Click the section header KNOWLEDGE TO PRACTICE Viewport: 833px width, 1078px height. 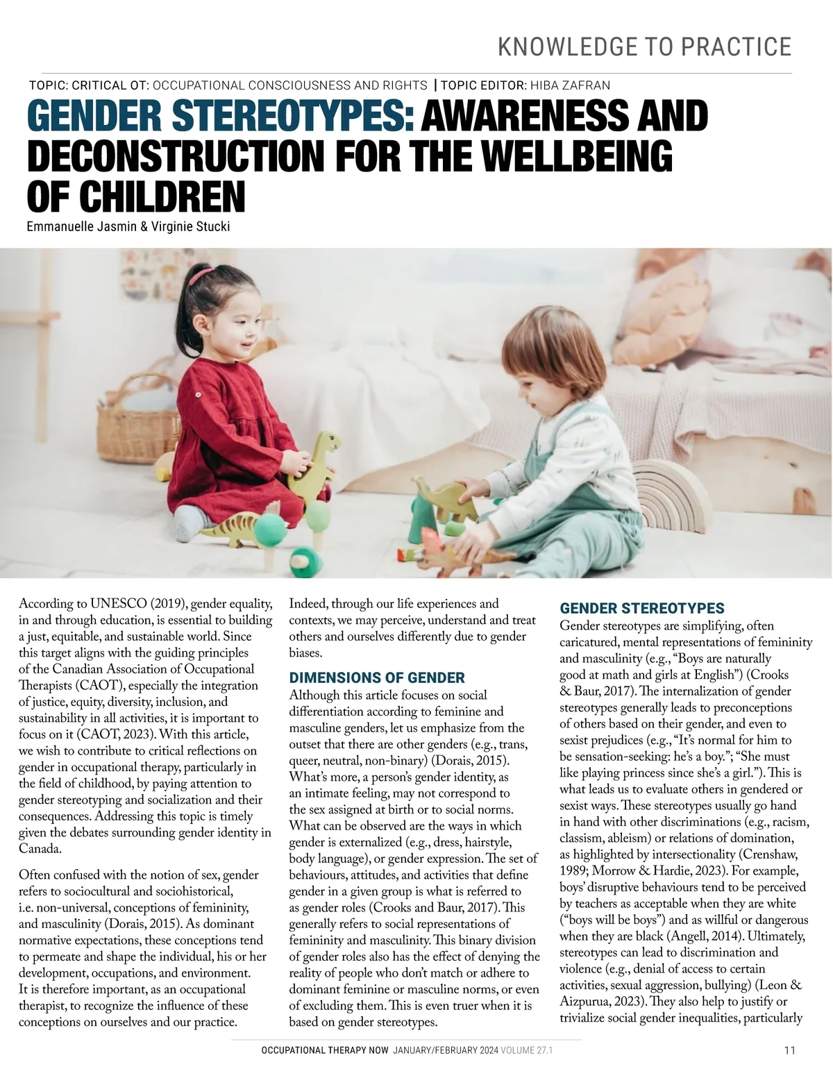tap(645, 47)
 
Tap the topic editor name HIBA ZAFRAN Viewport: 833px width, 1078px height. tap(570, 85)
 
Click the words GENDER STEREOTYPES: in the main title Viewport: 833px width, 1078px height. tap(221, 116)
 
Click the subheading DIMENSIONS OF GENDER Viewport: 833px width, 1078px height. tap(377, 677)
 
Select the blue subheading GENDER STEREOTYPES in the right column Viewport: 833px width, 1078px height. tap(642, 609)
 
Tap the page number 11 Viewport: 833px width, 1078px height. tap(789, 1051)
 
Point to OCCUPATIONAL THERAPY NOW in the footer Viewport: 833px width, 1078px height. tap(325, 1052)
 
